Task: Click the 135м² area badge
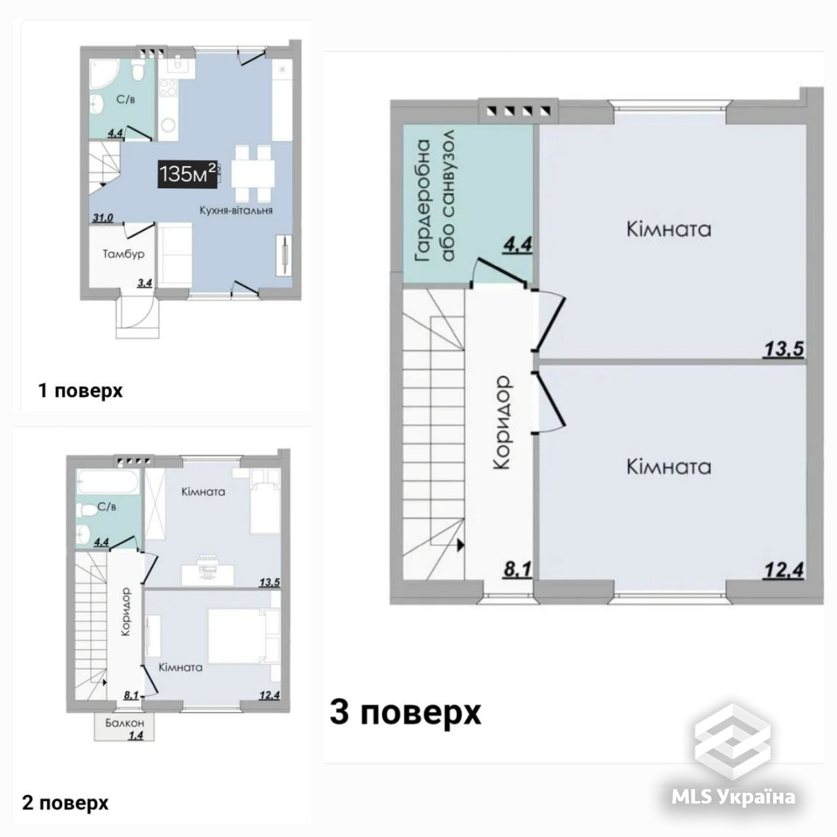(x=188, y=174)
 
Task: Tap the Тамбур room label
(x=123, y=253)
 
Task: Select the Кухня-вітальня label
(x=236, y=210)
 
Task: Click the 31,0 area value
(x=102, y=218)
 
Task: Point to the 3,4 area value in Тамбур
(x=145, y=283)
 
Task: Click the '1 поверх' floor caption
(x=81, y=391)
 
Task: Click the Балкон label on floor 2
(x=125, y=723)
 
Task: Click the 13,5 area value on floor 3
(x=783, y=349)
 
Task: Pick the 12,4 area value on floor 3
(x=783, y=570)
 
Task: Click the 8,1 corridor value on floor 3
(x=517, y=570)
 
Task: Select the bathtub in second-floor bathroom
(x=108, y=482)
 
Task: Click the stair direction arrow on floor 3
(x=460, y=545)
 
